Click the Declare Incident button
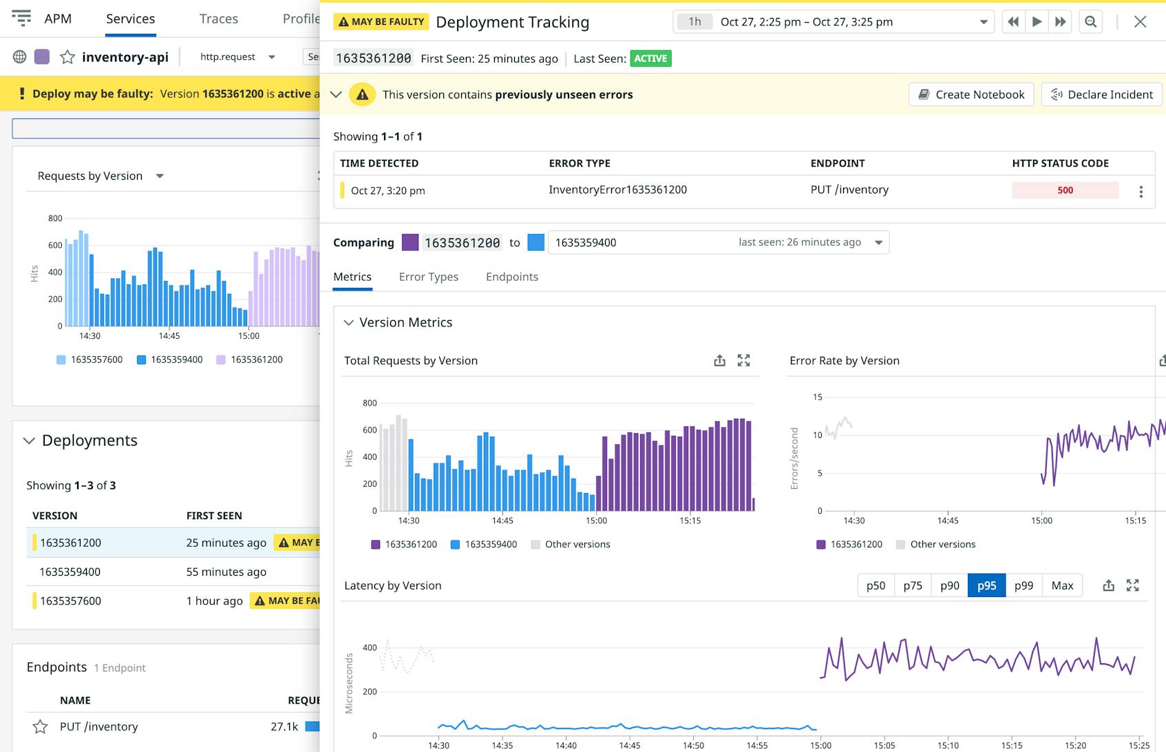(x=1101, y=94)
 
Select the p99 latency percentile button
(x=1024, y=585)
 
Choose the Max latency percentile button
(x=1061, y=585)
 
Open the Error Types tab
(x=428, y=277)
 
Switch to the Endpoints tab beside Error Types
(x=511, y=277)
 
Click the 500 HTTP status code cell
(x=1064, y=190)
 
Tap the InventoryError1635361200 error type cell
(x=617, y=189)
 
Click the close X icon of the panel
(x=1140, y=21)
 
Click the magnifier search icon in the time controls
(x=1090, y=21)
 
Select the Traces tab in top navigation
(x=218, y=19)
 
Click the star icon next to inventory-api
(x=67, y=57)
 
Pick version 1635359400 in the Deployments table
(x=70, y=572)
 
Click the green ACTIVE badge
(x=650, y=59)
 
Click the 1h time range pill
(x=695, y=21)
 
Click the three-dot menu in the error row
(x=1141, y=191)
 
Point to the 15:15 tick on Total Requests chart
(x=690, y=521)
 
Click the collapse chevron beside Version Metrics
(x=348, y=322)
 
